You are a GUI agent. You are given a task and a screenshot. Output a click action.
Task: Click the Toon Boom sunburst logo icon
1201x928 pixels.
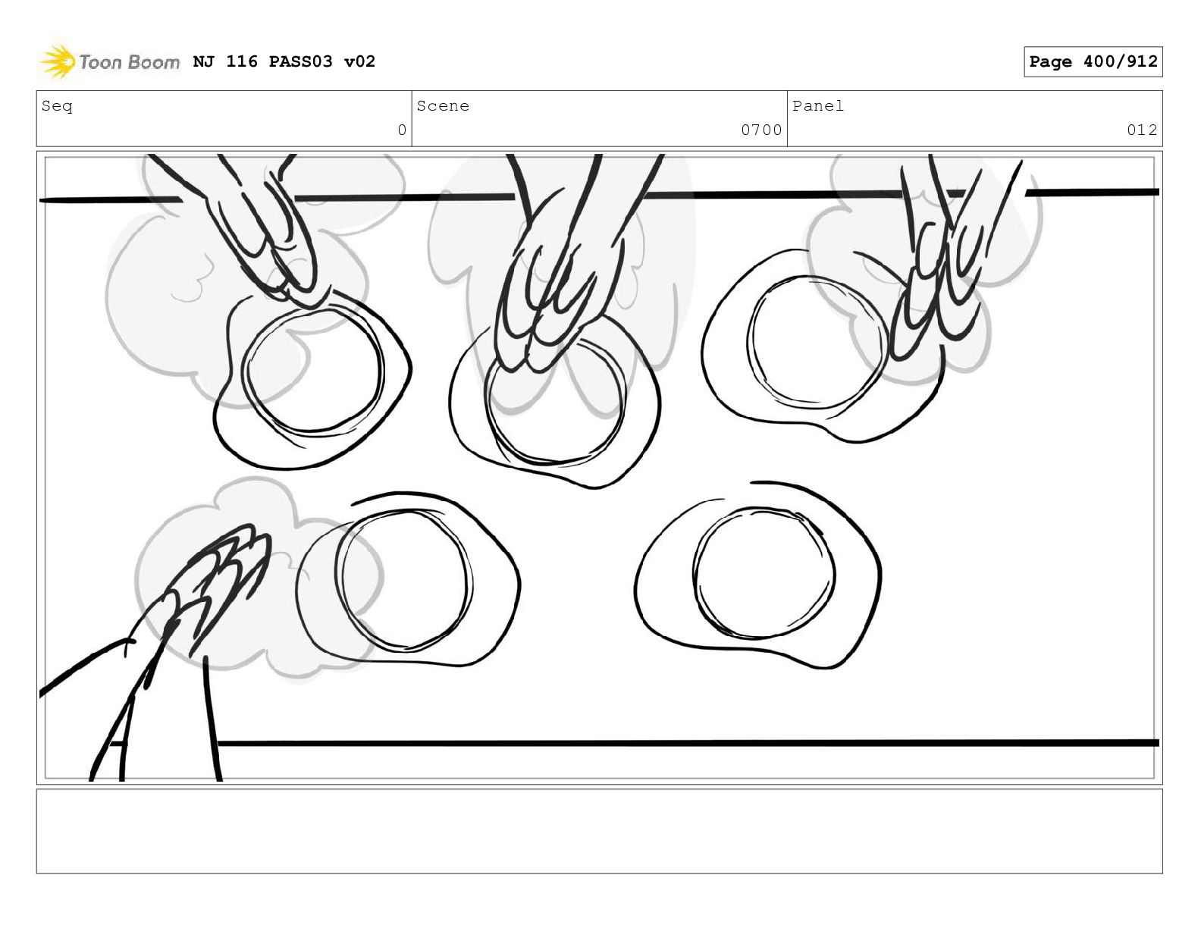tap(57, 61)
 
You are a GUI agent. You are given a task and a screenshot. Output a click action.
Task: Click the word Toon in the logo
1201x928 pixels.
tap(100, 62)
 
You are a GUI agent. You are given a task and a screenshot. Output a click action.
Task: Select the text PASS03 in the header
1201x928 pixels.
tap(301, 61)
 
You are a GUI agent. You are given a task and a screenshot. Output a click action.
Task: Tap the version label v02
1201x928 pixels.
tap(359, 61)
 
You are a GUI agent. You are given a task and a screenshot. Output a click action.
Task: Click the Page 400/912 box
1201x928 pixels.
tap(1093, 61)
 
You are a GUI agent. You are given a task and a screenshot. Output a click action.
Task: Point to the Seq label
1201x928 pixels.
tap(57, 105)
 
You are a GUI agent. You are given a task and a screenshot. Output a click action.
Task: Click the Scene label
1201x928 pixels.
tap(443, 105)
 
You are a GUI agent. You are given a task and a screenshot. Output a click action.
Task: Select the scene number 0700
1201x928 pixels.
tap(761, 130)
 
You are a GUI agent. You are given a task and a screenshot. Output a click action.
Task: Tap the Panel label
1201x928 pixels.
tap(818, 105)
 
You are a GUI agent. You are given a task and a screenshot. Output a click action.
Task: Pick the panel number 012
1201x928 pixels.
tap(1142, 130)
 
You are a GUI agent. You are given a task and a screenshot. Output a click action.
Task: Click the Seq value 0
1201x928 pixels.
tap(402, 130)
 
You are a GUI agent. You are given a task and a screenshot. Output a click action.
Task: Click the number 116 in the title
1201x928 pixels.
tap(242, 61)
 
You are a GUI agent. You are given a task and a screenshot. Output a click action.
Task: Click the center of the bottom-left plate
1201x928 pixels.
tap(408, 580)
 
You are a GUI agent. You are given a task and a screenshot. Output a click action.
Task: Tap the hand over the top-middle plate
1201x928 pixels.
tap(558, 265)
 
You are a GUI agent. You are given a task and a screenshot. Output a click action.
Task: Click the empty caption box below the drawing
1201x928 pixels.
tap(600, 831)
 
